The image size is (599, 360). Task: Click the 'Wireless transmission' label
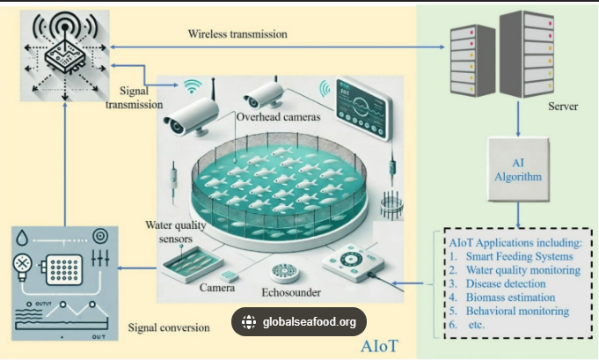click(x=237, y=34)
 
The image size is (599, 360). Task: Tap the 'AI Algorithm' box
click(x=516, y=168)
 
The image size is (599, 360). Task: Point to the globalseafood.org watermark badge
click(x=299, y=322)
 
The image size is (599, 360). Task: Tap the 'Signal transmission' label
click(x=134, y=98)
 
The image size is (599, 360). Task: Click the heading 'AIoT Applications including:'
click(x=515, y=242)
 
